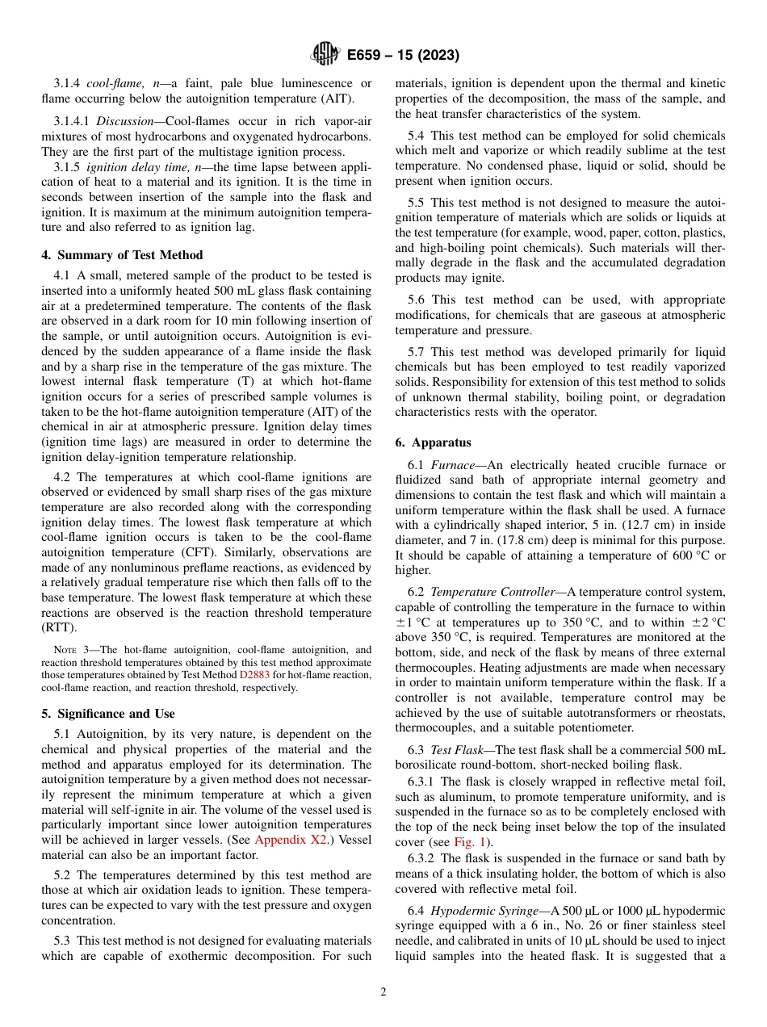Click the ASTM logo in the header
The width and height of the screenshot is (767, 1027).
pyautogui.click(x=326, y=55)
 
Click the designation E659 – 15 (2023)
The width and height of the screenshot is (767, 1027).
pyautogui.click(x=403, y=56)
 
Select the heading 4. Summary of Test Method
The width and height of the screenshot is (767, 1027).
pyautogui.click(x=122, y=255)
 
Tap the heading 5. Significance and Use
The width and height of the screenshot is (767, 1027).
pyautogui.click(x=107, y=714)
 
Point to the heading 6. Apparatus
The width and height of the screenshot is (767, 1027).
pyautogui.click(x=433, y=442)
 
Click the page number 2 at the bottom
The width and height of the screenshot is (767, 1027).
pyautogui.click(x=383, y=992)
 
